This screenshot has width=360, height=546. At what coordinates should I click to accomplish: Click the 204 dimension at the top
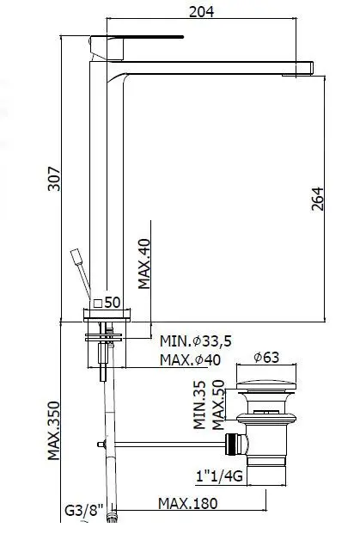tap(201, 10)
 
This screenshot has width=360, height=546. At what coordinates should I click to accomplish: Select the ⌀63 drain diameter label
tap(266, 358)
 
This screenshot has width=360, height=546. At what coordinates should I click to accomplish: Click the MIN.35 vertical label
tap(198, 405)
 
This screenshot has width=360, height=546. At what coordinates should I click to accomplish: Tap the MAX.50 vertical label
tap(218, 400)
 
